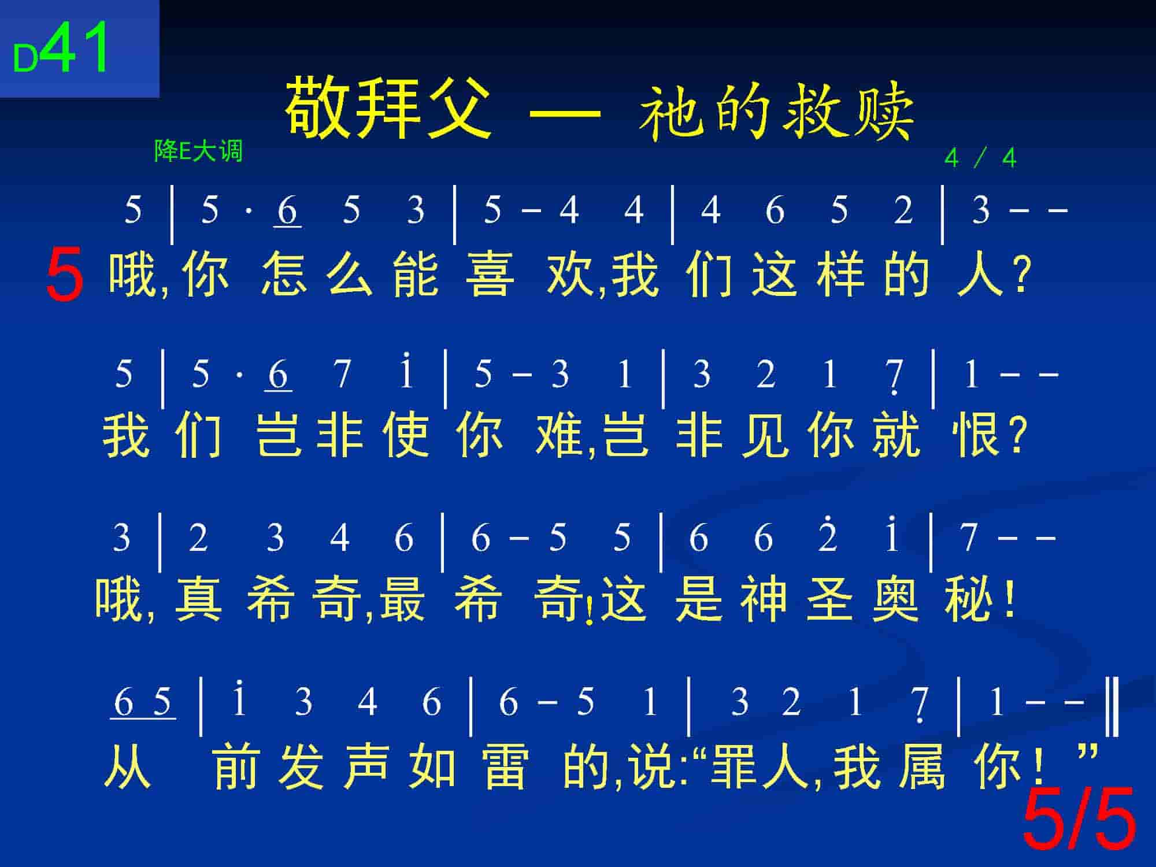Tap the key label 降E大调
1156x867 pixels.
(198, 151)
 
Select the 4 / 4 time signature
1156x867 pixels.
(980, 158)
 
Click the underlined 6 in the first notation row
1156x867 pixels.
(287, 211)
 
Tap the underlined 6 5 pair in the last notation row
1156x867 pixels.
(143, 703)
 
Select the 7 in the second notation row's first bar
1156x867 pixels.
(342, 374)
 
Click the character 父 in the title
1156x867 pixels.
(459, 108)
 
